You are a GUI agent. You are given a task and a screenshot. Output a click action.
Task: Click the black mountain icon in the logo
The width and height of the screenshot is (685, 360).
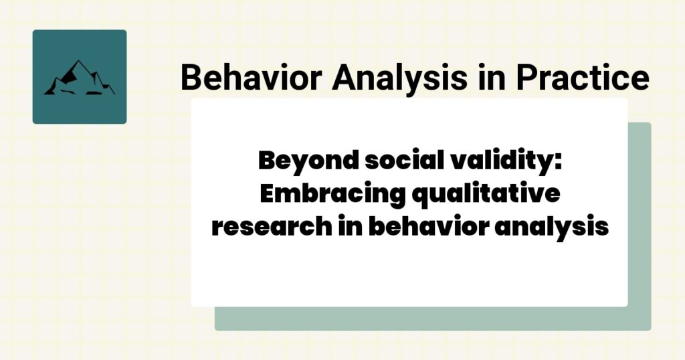pyautogui.click(x=79, y=78)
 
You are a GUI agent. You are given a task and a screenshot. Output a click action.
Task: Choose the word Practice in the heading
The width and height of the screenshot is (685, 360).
pyautogui.click(x=582, y=78)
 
